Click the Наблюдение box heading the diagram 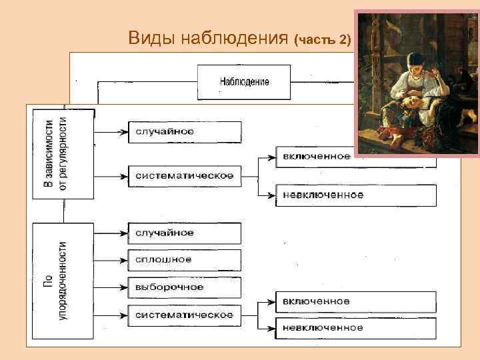(244, 81)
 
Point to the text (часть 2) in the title (322, 39)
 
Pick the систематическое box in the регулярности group (184, 176)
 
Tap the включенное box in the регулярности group (316, 157)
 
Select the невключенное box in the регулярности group (356, 195)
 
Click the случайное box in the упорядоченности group (184, 233)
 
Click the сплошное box (184, 260)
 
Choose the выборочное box (184, 287)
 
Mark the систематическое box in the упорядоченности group (184, 314)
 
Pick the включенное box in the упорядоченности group (356, 301)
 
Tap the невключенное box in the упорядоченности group (356, 327)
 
